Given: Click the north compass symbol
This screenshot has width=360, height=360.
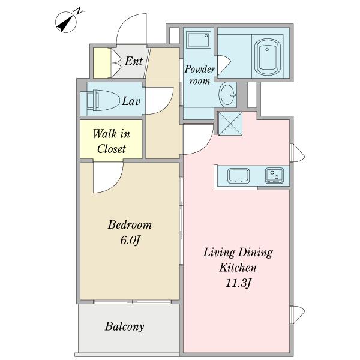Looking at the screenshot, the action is point(66,22).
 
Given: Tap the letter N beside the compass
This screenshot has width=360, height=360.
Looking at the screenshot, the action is point(79,11).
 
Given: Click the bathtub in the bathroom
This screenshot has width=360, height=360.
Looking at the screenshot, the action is point(267,57).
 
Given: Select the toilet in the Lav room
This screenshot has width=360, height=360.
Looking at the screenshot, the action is point(103,100).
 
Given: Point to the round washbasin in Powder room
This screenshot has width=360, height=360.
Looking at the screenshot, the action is point(227,94).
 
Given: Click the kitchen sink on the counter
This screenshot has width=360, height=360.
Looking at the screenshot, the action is point(238,176).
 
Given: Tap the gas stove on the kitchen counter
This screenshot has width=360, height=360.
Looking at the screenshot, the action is point(274,176).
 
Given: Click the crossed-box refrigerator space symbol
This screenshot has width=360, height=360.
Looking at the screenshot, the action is point(230,124).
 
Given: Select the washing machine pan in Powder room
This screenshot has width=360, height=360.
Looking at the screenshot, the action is point(199,40).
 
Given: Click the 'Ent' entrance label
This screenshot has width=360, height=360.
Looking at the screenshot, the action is point(133,61).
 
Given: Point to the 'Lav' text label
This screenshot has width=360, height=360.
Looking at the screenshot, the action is point(131,101).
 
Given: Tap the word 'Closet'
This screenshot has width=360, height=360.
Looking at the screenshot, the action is point(112,149).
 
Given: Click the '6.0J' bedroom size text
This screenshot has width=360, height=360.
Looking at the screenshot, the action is point(130,241).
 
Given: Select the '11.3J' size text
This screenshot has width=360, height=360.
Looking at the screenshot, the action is point(238,283).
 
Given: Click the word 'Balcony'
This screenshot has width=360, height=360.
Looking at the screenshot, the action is point(124,326).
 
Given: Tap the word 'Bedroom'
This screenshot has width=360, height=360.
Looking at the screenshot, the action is point(130,224).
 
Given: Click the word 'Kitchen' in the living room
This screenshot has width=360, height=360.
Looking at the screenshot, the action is point(238,268).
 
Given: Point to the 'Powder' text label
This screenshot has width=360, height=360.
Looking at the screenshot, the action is point(200,70).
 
